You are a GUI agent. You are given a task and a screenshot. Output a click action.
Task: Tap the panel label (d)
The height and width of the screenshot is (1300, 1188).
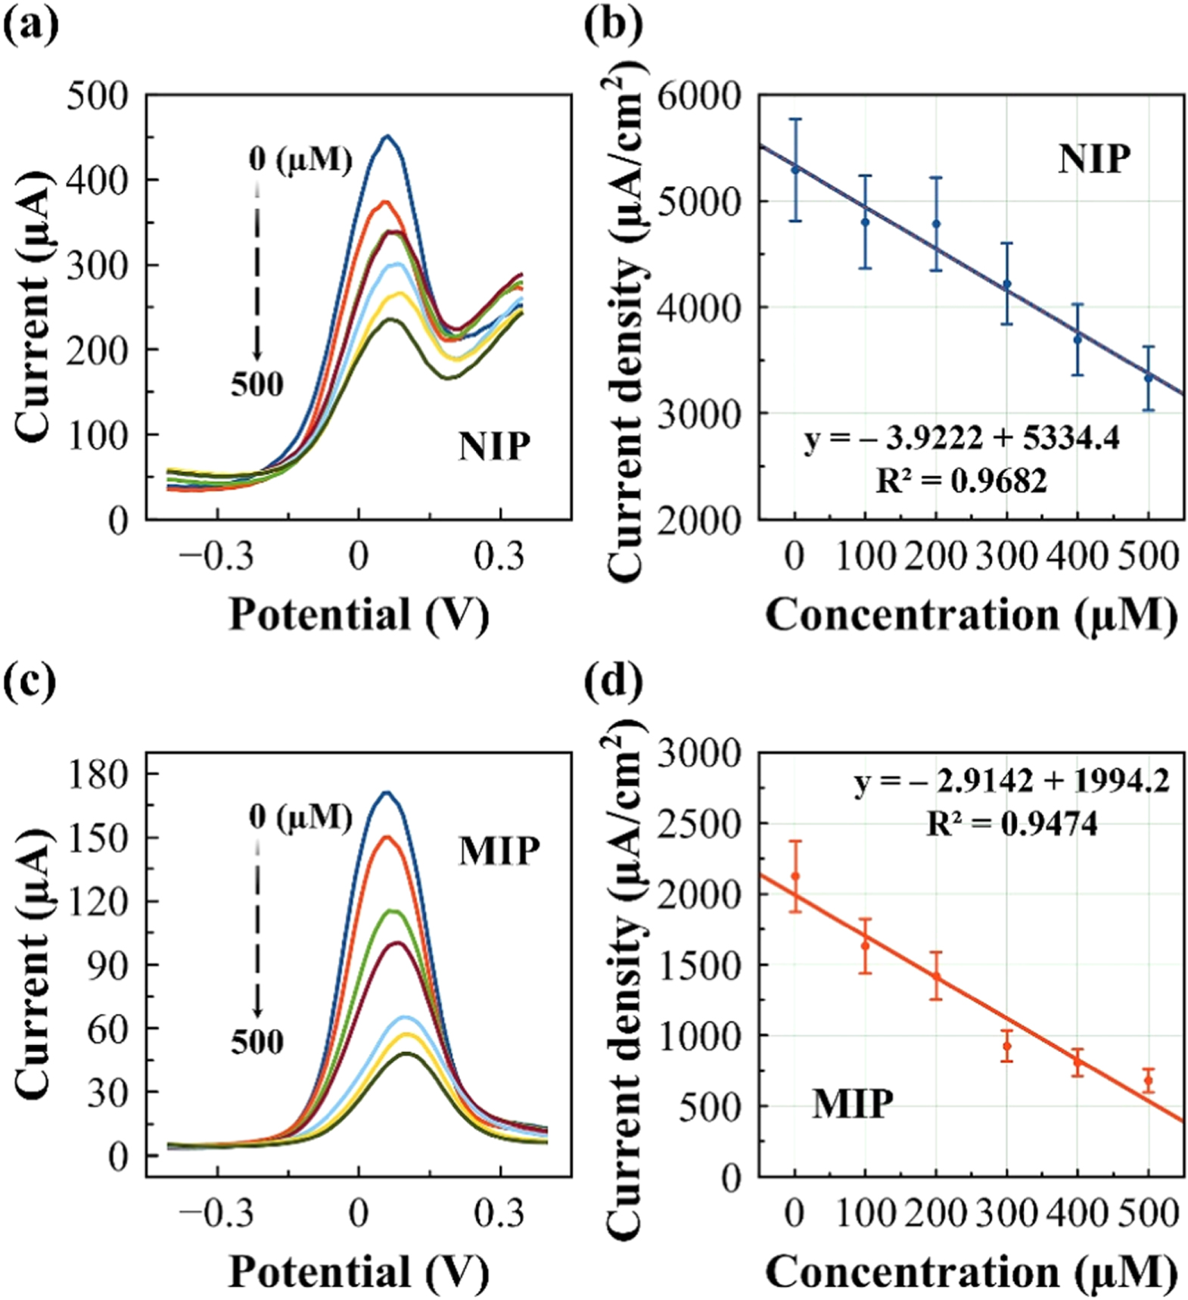click(x=614, y=681)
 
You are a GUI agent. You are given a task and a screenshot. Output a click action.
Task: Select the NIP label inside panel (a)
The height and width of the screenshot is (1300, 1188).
click(x=494, y=446)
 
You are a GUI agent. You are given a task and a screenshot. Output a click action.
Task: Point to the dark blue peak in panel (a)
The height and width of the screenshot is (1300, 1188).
click(x=387, y=137)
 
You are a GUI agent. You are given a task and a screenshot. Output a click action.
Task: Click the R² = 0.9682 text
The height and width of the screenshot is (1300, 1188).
click(x=962, y=481)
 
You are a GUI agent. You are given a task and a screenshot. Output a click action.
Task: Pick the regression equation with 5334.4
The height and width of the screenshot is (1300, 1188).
click(x=962, y=439)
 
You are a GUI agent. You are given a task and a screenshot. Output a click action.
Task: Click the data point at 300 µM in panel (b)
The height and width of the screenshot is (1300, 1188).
click(x=1006, y=285)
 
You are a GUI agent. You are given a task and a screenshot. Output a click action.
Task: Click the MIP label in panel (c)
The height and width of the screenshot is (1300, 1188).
click(x=499, y=851)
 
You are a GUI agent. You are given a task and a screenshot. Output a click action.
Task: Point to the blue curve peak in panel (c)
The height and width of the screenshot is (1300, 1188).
click(x=387, y=793)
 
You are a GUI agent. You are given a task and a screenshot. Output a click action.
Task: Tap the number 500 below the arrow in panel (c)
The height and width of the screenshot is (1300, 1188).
click(x=257, y=1043)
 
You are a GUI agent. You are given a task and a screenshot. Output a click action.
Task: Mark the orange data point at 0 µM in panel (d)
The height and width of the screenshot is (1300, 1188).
click(x=795, y=876)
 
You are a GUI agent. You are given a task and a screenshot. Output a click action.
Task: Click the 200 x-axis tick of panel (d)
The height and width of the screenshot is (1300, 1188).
click(x=936, y=1213)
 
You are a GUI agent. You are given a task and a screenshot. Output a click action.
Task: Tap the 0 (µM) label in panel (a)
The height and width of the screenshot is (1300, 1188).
click(x=300, y=160)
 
